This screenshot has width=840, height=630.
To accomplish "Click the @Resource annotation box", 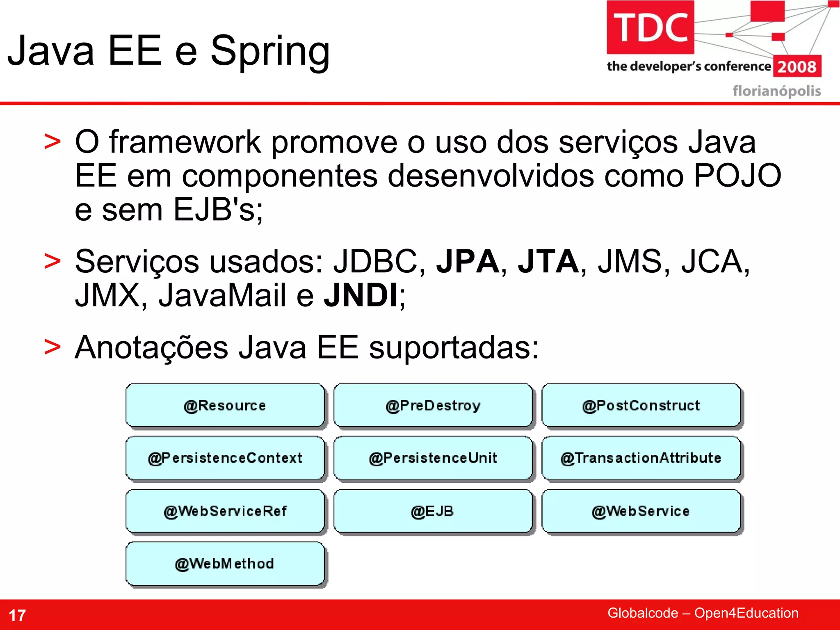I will (x=225, y=405).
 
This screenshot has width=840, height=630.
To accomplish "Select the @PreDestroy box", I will (x=433, y=405).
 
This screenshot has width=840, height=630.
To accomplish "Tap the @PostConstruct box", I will (x=641, y=405).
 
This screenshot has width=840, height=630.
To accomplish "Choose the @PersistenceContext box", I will (x=225, y=458).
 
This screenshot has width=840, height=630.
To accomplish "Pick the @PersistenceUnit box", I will (x=433, y=458).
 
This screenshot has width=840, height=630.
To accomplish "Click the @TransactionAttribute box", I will (x=641, y=458).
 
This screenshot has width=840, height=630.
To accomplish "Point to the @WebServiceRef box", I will (x=225, y=511).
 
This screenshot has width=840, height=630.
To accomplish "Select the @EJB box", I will (x=433, y=511).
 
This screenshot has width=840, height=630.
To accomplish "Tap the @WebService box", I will (x=641, y=511).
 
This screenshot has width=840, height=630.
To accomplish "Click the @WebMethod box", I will (x=225, y=564).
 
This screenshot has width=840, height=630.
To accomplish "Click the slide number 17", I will (x=17, y=615).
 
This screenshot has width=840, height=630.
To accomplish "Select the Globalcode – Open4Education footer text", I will (x=703, y=613).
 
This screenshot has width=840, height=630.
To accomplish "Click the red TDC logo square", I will (x=650, y=27).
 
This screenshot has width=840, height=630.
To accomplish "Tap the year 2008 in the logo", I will (x=797, y=66).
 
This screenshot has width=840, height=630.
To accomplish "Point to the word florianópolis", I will (x=776, y=91).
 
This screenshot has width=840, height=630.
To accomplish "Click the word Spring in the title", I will (x=270, y=51).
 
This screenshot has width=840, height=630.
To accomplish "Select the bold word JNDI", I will (x=361, y=295).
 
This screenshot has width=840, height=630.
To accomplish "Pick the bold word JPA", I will (x=468, y=261).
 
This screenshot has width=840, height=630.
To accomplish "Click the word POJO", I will (x=737, y=176).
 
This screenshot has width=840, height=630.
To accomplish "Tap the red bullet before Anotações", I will (x=52, y=347).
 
